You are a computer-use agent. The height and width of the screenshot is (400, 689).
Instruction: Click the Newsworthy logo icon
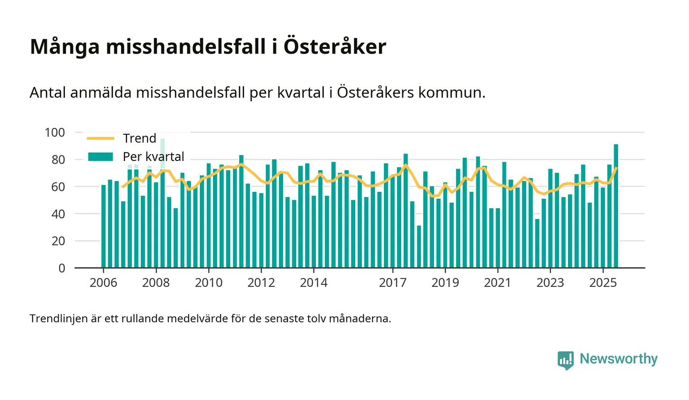[x=565, y=360]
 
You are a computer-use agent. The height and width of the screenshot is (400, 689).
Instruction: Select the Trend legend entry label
[x=139, y=138]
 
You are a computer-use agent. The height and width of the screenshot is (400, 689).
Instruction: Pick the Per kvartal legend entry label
[x=154, y=157]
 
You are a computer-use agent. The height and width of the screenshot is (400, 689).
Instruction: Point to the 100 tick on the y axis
[x=55, y=132]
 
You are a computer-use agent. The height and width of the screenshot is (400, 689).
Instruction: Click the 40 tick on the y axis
[x=59, y=214]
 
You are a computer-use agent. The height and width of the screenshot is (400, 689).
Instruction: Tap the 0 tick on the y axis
[x=62, y=268]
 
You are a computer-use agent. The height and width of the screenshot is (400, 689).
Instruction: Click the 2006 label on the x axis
[x=104, y=283]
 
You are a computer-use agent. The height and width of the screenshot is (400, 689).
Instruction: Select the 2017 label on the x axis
[x=393, y=283]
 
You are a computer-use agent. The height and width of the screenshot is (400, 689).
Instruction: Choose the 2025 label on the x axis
[x=603, y=283]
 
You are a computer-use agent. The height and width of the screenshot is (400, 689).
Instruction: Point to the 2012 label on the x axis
[x=261, y=283]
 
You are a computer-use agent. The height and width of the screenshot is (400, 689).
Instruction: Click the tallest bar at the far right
[x=616, y=206]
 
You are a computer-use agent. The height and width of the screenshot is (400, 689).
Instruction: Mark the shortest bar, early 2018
[x=419, y=246]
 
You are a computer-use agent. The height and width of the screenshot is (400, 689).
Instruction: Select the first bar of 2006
[x=104, y=226]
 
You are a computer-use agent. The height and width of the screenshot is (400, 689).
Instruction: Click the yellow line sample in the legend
[x=100, y=138]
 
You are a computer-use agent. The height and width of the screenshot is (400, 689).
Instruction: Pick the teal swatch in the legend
[x=100, y=157]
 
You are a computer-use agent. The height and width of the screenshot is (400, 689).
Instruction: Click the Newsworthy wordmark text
[x=619, y=359]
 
